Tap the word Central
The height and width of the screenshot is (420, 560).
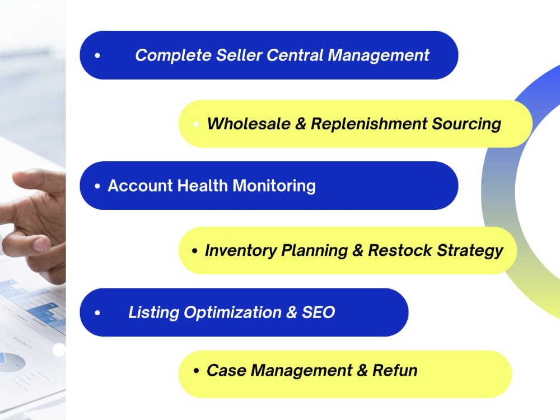tap(295, 55)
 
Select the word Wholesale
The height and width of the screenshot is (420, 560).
tap(249, 124)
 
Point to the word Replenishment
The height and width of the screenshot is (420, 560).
tap(369, 124)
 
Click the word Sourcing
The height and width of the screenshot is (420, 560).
tap(466, 124)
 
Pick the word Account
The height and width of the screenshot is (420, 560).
tap(141, 186)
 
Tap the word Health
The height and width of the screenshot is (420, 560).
tap(203, 186)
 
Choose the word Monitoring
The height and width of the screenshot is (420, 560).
tap(274, 186)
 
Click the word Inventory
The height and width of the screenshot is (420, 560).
tap(241, 251)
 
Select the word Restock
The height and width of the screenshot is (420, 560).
tap(400, 250)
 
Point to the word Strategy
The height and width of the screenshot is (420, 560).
tap(470, 251)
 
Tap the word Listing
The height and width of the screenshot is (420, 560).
tap(154, 312)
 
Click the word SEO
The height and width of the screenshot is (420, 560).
tap(319, 312)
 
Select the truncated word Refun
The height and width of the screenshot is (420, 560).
tap(395, 370)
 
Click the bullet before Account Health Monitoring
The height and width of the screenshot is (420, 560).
tap(97, 186)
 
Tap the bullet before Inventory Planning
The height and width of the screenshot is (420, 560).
tap(195, 251)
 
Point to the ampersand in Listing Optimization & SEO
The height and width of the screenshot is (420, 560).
tap(291, 312)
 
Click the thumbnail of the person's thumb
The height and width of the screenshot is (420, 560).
tap(40, 245)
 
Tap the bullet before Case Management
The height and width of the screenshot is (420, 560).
tap(196, 371)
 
